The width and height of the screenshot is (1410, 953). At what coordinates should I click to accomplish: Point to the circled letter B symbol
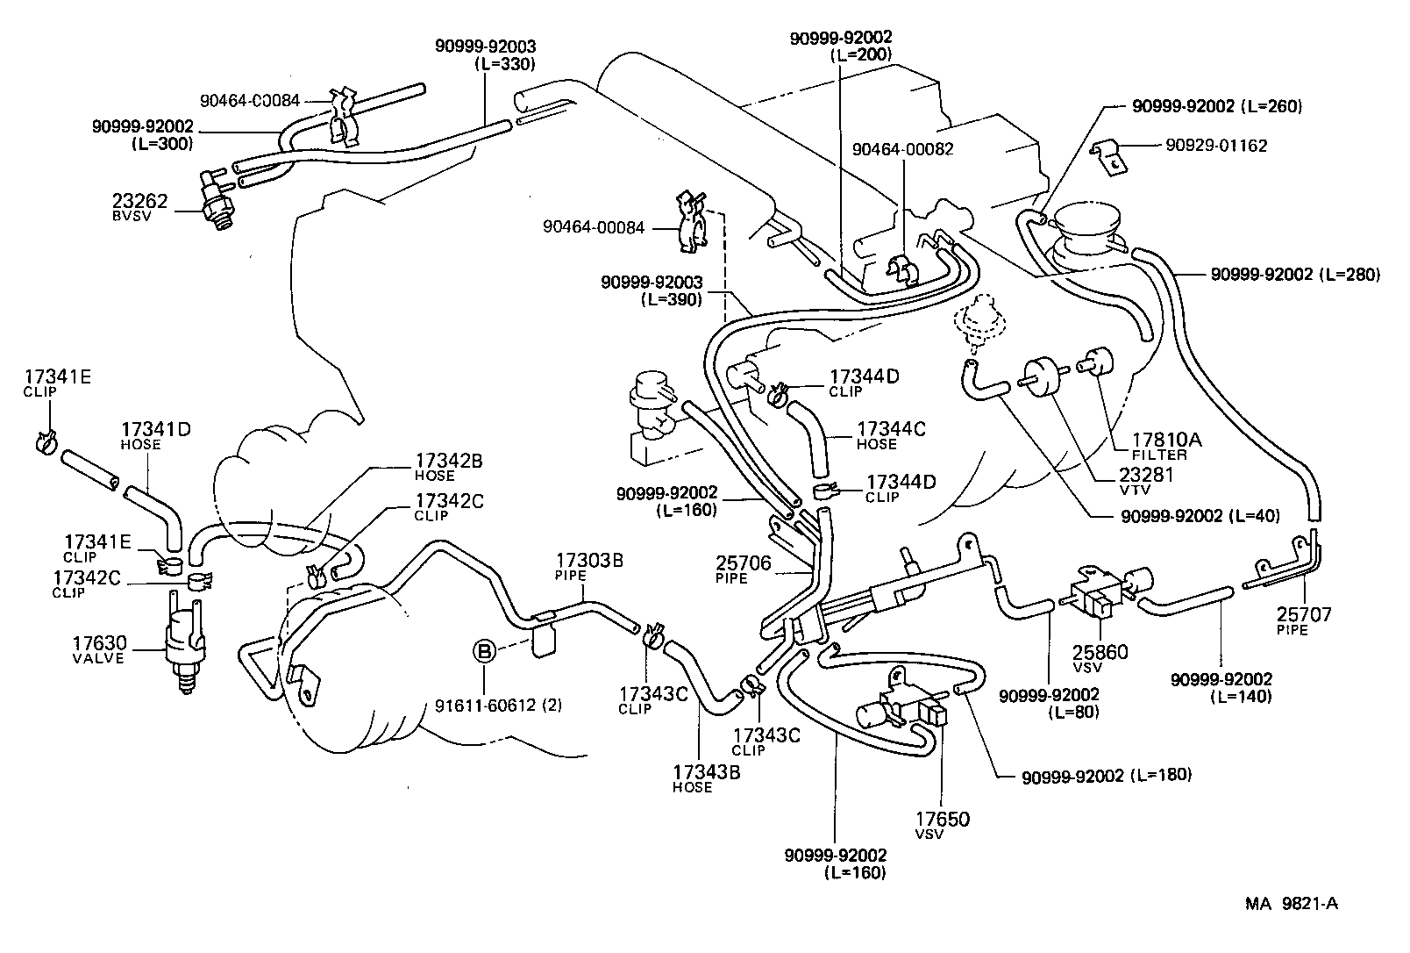click(484, 651)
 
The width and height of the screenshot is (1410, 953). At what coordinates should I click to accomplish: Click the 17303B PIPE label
click(588, 567)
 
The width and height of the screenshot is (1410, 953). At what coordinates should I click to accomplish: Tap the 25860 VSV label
click(1100, 657)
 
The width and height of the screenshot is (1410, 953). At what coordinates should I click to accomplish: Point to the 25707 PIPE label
click(1303, 620)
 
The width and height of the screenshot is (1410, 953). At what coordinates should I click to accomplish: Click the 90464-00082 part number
click(902, 150)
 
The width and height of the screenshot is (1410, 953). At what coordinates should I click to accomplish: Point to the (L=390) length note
click(672, 299)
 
